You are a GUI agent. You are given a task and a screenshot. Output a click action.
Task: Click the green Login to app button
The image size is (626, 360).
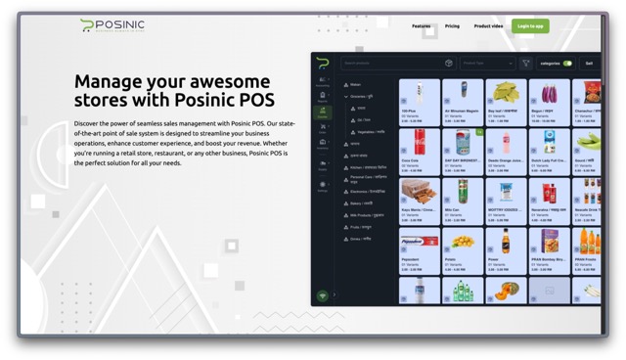tap(529, 26)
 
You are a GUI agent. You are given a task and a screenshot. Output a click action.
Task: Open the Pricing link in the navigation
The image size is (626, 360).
tap(452, 26)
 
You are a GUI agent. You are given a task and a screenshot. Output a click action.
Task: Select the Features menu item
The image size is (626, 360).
tap(421, 26)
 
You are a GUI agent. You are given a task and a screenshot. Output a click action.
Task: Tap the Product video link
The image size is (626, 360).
tap(488, 26)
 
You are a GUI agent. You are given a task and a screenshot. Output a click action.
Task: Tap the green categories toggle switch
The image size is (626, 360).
tap(567, 64)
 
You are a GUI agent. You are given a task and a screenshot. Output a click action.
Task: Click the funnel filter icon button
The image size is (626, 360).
tap(525, 64)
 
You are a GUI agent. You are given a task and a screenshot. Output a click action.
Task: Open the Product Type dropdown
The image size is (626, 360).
tap(487, 64)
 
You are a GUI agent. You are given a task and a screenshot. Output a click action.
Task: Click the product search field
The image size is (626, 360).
tap(391, 64)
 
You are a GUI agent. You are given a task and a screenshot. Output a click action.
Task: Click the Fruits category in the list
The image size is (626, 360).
tap(358, 227)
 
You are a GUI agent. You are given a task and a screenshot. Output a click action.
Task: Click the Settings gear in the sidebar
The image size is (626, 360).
tap(322, 188)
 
